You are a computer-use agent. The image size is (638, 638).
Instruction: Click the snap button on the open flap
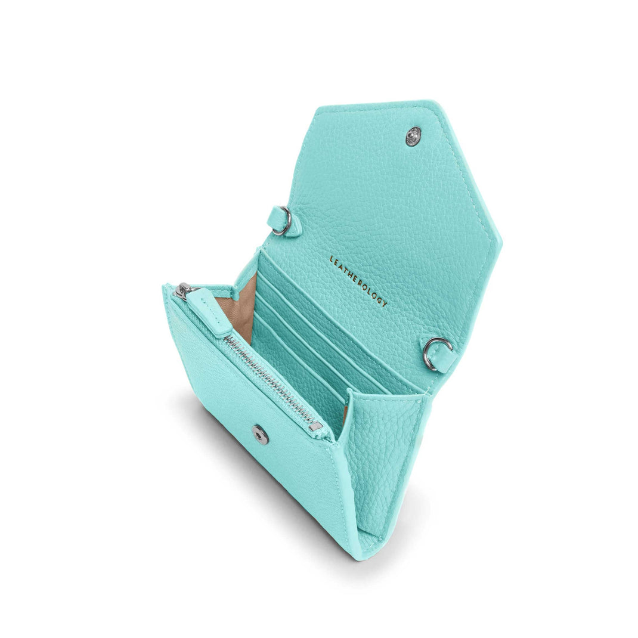(413, 136)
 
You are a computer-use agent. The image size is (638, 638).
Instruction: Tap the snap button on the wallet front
(260, 435)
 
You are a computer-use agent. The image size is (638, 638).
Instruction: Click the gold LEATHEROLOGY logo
(358, 280)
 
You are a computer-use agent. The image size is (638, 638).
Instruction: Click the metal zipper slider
(184, 290)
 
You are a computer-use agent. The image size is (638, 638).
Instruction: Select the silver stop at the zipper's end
(315, 426)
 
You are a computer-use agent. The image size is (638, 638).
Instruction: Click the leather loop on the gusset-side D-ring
(446, 361)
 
